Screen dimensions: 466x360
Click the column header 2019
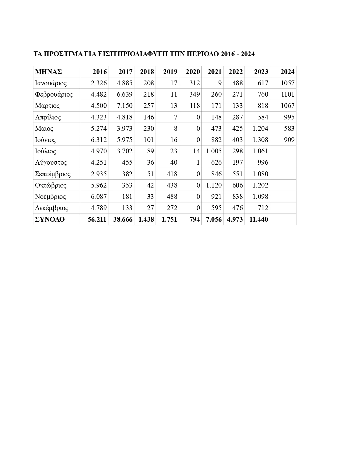click(x=170, y=72)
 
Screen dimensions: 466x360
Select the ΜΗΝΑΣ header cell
click(x=48, y=72)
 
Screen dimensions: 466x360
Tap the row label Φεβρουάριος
click(x=54, y=94)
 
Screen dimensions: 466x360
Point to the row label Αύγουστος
click(x=51, y=162)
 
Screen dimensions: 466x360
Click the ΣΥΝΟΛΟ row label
click(x=50, y=219)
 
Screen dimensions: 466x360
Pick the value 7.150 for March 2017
click(x=125, y=106)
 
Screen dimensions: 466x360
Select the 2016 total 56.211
click(x=97, y=219)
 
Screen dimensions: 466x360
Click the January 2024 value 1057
click(x=287, y=83)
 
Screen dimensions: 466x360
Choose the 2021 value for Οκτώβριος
click(x=214, y=185)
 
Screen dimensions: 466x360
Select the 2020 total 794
click(x=195, y=219)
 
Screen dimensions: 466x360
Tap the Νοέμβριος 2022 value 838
click(x=237, y=197)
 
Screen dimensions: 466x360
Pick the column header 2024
click(x=287, y=72)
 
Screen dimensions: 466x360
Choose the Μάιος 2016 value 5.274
click(x=99, y=129)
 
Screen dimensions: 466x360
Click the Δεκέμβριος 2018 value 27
click(x=150, y=208)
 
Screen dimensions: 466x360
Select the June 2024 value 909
click(x=289, y=140)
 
